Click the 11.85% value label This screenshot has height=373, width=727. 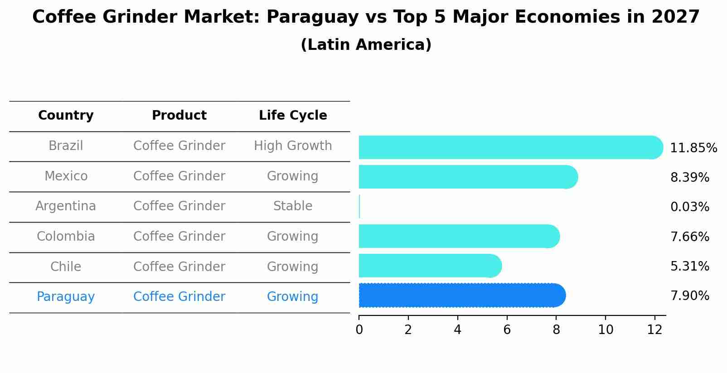pyautogui.click(x=693, y=148)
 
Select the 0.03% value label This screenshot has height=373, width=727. pyautogui.click(x=689, y=207)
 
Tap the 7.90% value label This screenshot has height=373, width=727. pyautogui.click(x=689, y=296)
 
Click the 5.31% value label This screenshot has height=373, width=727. pyautogui.click(x=689, y=266)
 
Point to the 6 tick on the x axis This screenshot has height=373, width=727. pyautogui.click(x=507, y=330)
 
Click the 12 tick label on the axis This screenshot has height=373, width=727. pyautogui.click(x=654, y=330)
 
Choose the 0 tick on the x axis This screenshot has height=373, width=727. pyautogui.click(x=359, y=330)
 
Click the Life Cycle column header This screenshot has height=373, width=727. pyautogui.click(x=293, y=116)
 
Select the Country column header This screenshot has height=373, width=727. pyautogui.click(x=66, y=116)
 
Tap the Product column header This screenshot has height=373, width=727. pyautogui.click(x=179, y=116)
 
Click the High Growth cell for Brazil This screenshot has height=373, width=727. pyautogui.click(x=293, y=146)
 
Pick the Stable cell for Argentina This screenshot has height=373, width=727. pyautogui.click(x=293, y=206)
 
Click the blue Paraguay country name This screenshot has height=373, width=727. pyautogui.click(x=66, y=297)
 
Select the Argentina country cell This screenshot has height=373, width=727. pyautogui.click(x=66, y=206)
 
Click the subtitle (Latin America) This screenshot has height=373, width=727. pyautogui.click(x=366, y=45)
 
